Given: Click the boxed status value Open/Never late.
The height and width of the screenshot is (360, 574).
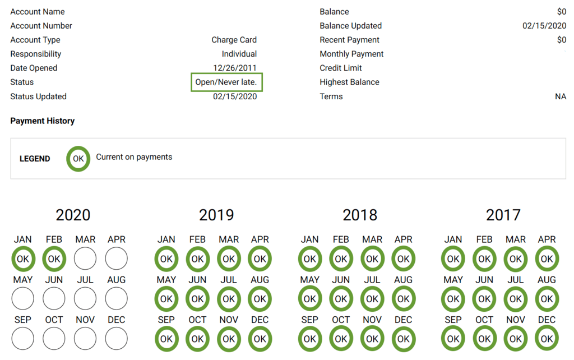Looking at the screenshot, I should coord(226,82).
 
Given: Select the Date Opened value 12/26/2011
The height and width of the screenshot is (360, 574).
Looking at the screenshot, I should coord(234,68).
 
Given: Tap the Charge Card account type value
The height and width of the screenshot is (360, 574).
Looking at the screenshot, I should coord(234,40).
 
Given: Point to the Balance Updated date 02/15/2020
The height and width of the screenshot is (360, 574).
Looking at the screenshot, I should coord(544,26).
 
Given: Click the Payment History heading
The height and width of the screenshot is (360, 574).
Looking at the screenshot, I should coord(43,121).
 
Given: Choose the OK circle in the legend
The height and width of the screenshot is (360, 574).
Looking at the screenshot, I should coord(78,159).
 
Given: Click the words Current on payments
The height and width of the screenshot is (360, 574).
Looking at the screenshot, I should coord(134,157).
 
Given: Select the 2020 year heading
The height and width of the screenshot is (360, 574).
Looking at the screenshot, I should coord(73,215).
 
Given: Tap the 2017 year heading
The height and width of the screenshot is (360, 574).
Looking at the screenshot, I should coord(503,215).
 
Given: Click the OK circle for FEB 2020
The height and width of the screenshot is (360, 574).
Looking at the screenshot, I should coord(54,259).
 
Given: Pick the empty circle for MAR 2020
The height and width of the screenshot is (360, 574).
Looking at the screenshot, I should coord(85,259).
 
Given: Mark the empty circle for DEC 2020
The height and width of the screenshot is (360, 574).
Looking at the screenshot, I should coord(117,339).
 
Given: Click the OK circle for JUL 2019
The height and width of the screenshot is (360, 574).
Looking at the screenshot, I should coord(229,299).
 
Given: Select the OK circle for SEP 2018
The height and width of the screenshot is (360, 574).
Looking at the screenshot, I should coord(309,339).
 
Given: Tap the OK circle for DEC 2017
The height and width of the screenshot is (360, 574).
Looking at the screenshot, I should coord(547,339).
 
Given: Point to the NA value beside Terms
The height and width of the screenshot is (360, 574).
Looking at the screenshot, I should coord(560,96).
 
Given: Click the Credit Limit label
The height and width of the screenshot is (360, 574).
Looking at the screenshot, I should coord(341,68).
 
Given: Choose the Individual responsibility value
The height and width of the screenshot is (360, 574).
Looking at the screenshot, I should coord(239,54).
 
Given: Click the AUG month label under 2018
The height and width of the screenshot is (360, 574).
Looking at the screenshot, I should coord(404,280).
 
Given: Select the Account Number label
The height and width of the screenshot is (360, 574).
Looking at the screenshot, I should coord(41,26).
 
